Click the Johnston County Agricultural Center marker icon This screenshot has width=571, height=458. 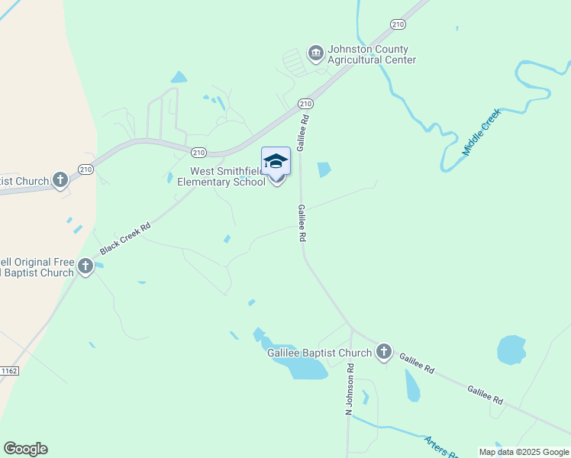pos(315,53)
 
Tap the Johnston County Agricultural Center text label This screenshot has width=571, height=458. pos(372,54)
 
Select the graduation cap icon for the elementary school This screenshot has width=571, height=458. pos(276,160)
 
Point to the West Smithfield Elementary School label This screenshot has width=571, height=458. pos(221,177)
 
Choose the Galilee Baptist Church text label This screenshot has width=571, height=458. pos(319,353)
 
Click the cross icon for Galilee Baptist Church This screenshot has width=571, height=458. pos(383,352)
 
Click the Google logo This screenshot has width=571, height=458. pos(25,449)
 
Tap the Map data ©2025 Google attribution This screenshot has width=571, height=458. pos(524,452)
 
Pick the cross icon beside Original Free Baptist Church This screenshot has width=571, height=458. pos(85,266)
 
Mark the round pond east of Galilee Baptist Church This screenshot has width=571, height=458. pos(511,350)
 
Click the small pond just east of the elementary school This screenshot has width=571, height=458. pos(324,169)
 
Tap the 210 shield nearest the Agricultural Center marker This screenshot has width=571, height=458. pos(305,104)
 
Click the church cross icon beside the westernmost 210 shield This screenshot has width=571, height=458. pos(60,181)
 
